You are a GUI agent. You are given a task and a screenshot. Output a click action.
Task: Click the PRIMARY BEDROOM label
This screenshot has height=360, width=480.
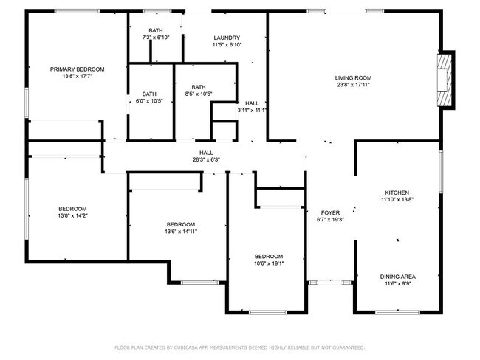[77, 69]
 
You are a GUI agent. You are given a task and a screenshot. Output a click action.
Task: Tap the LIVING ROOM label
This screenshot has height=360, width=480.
[353, 77]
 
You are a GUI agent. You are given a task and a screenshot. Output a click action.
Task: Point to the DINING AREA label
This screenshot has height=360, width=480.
[397, 277]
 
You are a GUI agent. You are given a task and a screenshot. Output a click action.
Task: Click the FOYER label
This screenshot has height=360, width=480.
[330, 212]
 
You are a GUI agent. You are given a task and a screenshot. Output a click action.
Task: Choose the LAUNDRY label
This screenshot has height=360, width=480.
[227, 38]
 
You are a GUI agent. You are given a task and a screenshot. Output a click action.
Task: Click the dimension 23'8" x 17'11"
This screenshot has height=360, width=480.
[353, 85]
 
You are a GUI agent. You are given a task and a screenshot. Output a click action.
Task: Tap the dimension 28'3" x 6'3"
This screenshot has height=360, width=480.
[206, 159]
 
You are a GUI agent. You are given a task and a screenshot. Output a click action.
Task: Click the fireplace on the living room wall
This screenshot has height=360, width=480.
[445, 80]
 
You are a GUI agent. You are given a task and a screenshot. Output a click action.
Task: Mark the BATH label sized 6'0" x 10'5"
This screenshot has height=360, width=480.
[149, 94]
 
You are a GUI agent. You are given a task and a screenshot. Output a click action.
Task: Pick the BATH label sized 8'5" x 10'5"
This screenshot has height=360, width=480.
[198, 86]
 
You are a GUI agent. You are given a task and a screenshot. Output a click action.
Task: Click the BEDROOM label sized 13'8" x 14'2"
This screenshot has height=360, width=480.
[73, 208]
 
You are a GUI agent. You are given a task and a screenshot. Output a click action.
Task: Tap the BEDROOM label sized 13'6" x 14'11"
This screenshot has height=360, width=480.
[180, 224]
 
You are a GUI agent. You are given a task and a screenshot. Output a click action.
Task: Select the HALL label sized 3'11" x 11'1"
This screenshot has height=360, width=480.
[252, 103]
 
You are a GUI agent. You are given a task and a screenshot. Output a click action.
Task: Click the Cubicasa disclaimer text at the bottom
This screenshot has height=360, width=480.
[239, 347]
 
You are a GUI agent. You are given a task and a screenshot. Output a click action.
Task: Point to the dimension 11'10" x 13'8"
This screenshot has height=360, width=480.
[396, 199]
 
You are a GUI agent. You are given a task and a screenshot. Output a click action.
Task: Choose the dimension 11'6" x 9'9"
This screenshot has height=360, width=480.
[397, 284]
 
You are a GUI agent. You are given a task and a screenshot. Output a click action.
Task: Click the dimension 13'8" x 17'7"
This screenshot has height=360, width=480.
[77, 76]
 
